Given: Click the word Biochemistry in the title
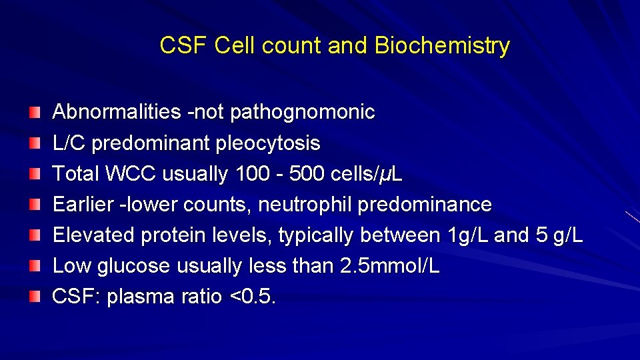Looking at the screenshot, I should pyautogui.click(x=442, y=46).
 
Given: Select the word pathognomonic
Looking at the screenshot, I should pyautogui.click(x=302, y=112).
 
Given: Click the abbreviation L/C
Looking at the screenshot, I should pyautogui.click(x=69, y=143).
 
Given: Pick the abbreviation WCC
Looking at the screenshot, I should pyautogui.click(x=130, y=174).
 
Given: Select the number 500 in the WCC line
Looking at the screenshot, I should pyautogui.click(x=307, y=174).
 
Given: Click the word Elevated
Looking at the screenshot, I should pyautogui.click(x=94, y=235).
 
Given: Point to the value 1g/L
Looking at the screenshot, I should pyautogui.click(x=463, y=235).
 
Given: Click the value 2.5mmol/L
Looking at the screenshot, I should pyautogui.click(x=389, y=266).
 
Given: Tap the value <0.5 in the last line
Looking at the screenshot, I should pyautogui.click(x=252, y=297).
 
